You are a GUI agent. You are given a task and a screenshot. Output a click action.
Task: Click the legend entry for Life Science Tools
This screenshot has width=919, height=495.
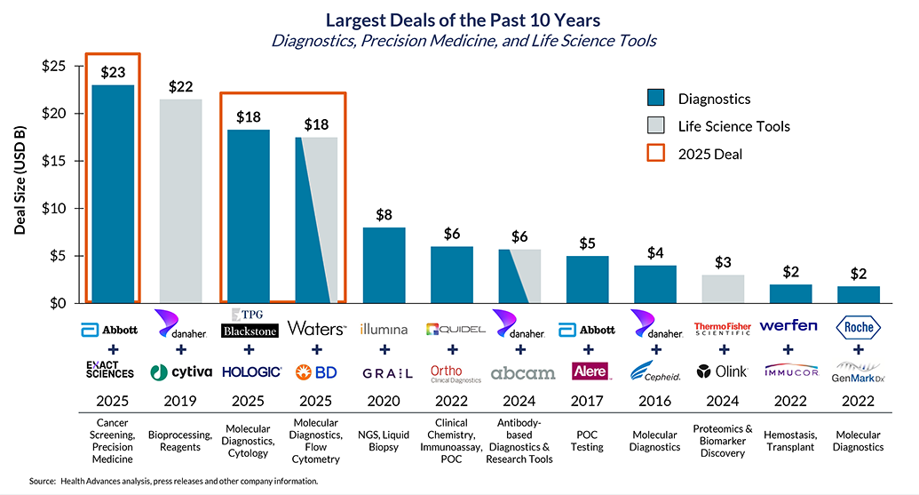pos(733,126)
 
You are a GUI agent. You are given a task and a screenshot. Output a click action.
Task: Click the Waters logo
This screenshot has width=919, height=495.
pos(316,329)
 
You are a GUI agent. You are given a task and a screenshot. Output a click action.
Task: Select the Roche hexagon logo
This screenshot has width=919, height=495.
pos(859,329)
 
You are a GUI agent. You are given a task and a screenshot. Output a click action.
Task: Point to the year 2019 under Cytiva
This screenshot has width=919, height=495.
pos(180,401)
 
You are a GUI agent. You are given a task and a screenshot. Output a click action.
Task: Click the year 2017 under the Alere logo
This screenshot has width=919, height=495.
pos(587,401)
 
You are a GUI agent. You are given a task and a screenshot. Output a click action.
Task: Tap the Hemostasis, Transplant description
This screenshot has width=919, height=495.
pos(790,441)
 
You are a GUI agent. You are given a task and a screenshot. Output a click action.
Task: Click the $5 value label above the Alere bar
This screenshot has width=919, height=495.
pos(587,243)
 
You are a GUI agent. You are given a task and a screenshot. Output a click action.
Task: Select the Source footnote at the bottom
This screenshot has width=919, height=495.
pos(173,481)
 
